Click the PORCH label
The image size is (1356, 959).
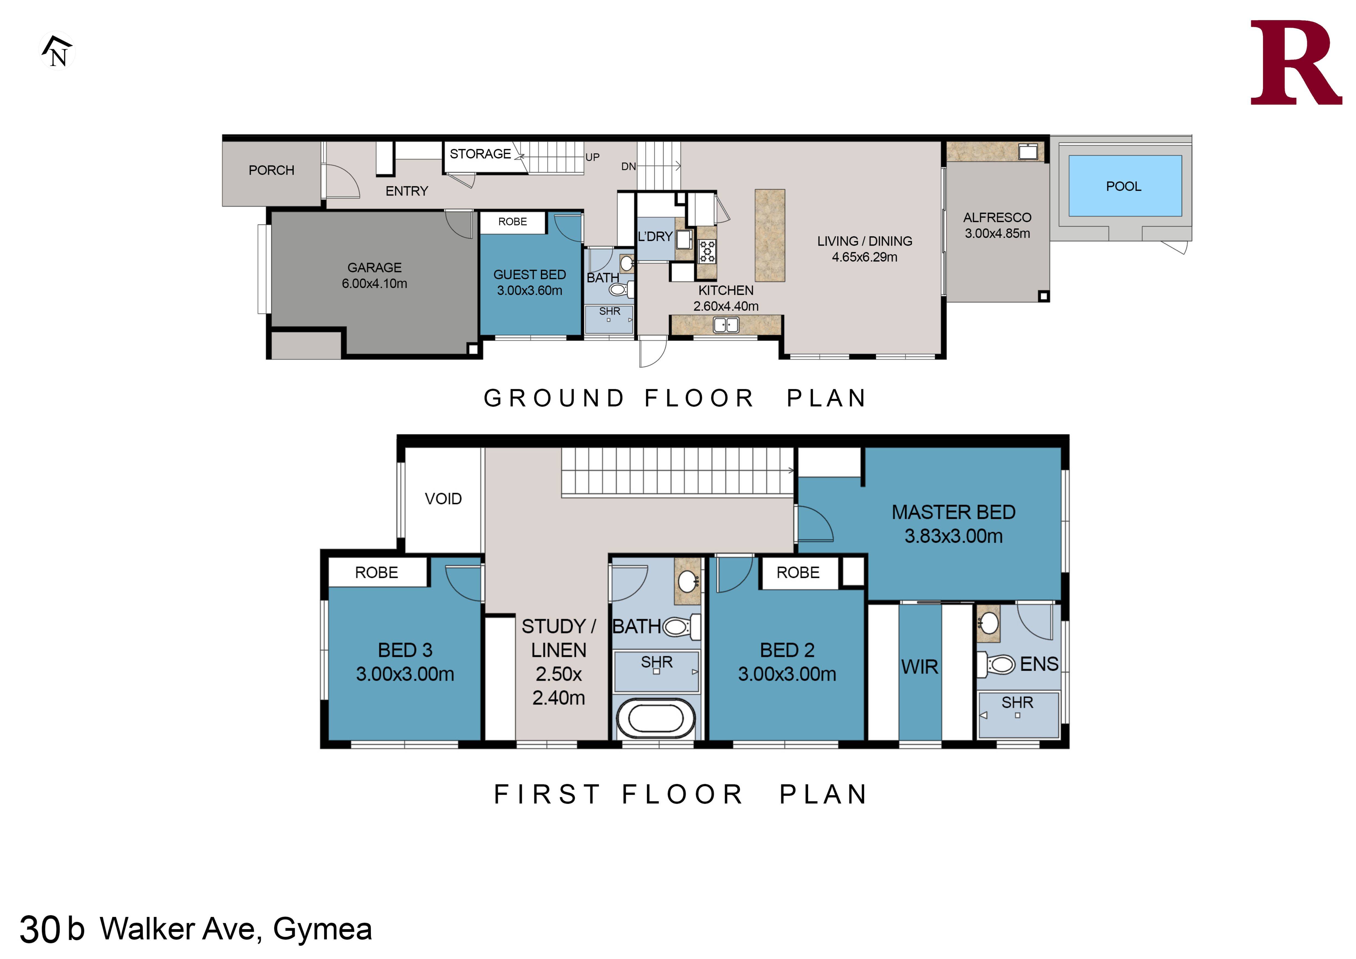pos(271,170)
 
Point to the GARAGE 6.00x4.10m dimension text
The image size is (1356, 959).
pos(374,283)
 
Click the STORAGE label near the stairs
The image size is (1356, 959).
pos(480,153)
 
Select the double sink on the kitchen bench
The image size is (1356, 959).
pos(726,325)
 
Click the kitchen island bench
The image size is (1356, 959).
pos(770,235)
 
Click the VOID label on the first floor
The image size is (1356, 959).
pos(443,499)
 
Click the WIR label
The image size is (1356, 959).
pos(919,667)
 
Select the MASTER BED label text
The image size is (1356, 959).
pos(953,512)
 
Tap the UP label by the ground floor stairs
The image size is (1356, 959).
pos(592,157)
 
